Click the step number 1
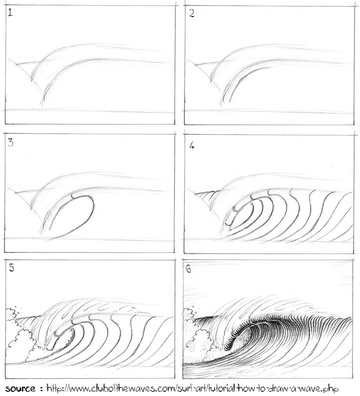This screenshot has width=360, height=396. click(x=10, y=14)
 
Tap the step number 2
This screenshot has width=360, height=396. click(x=191, y=14)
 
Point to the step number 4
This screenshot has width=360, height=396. click(x=192, y=146)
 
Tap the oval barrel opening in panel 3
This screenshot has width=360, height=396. click(x=71, y=215)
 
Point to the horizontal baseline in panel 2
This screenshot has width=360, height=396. click(x=270, y=112)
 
